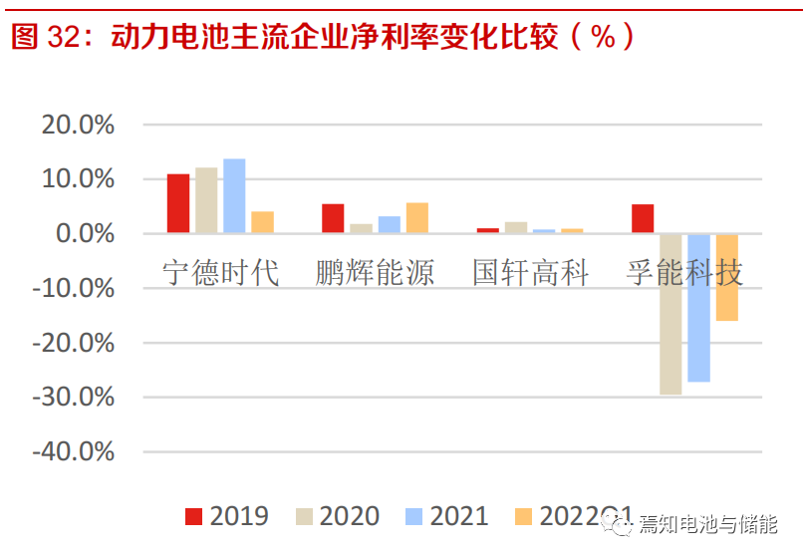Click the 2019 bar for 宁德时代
[x=178, y=203]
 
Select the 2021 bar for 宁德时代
[x=234, y=196]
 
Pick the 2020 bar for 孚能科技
[x=670, y=314]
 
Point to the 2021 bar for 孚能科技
[x=698, y=308]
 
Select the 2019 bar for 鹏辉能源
[x=333, y=218]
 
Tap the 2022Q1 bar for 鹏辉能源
[x=416, y=218]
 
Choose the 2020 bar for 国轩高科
[x=516, y=227]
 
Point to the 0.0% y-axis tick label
[x=85, y=234]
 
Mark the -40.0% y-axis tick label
[x=73, y=451]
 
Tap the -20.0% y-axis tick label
[x=73, y=343]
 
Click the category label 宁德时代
[x=220, y=272]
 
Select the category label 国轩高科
[x=530, y=272]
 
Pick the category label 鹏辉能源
[x=375, y=272]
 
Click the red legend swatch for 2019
[x=193, y=516]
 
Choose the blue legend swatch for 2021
[x=414, y=516]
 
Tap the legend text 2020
[x=350, y=516]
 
